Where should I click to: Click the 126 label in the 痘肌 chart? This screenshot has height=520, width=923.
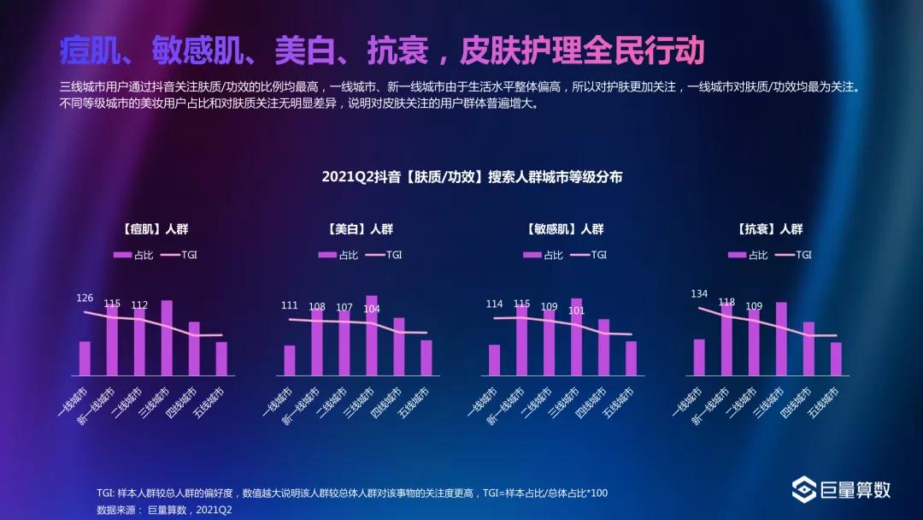[85, 298]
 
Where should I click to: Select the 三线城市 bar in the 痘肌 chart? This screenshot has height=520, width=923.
[167, 338]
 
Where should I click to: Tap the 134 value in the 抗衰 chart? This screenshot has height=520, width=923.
[699, 294]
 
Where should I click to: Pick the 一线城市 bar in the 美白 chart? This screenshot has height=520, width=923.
[290, 360]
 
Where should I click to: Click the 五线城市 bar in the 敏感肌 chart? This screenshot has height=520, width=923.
[631, 358]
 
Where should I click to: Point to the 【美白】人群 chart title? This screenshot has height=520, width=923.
[359, 229]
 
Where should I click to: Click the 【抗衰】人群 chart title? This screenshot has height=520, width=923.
[769, 229]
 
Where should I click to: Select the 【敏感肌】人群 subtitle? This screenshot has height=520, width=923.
[564, 229]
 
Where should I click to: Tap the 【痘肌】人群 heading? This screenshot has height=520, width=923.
[154, 229]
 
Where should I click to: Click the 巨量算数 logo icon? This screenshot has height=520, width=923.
[804, 490]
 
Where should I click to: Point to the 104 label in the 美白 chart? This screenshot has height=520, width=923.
[372, 309]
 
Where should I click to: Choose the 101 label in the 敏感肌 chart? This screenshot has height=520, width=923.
[576, 310]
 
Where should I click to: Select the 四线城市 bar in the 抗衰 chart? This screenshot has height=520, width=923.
[808, 348]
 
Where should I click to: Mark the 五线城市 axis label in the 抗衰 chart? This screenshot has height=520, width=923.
[823, 402]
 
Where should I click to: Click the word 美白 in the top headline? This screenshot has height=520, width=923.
[297, 50]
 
